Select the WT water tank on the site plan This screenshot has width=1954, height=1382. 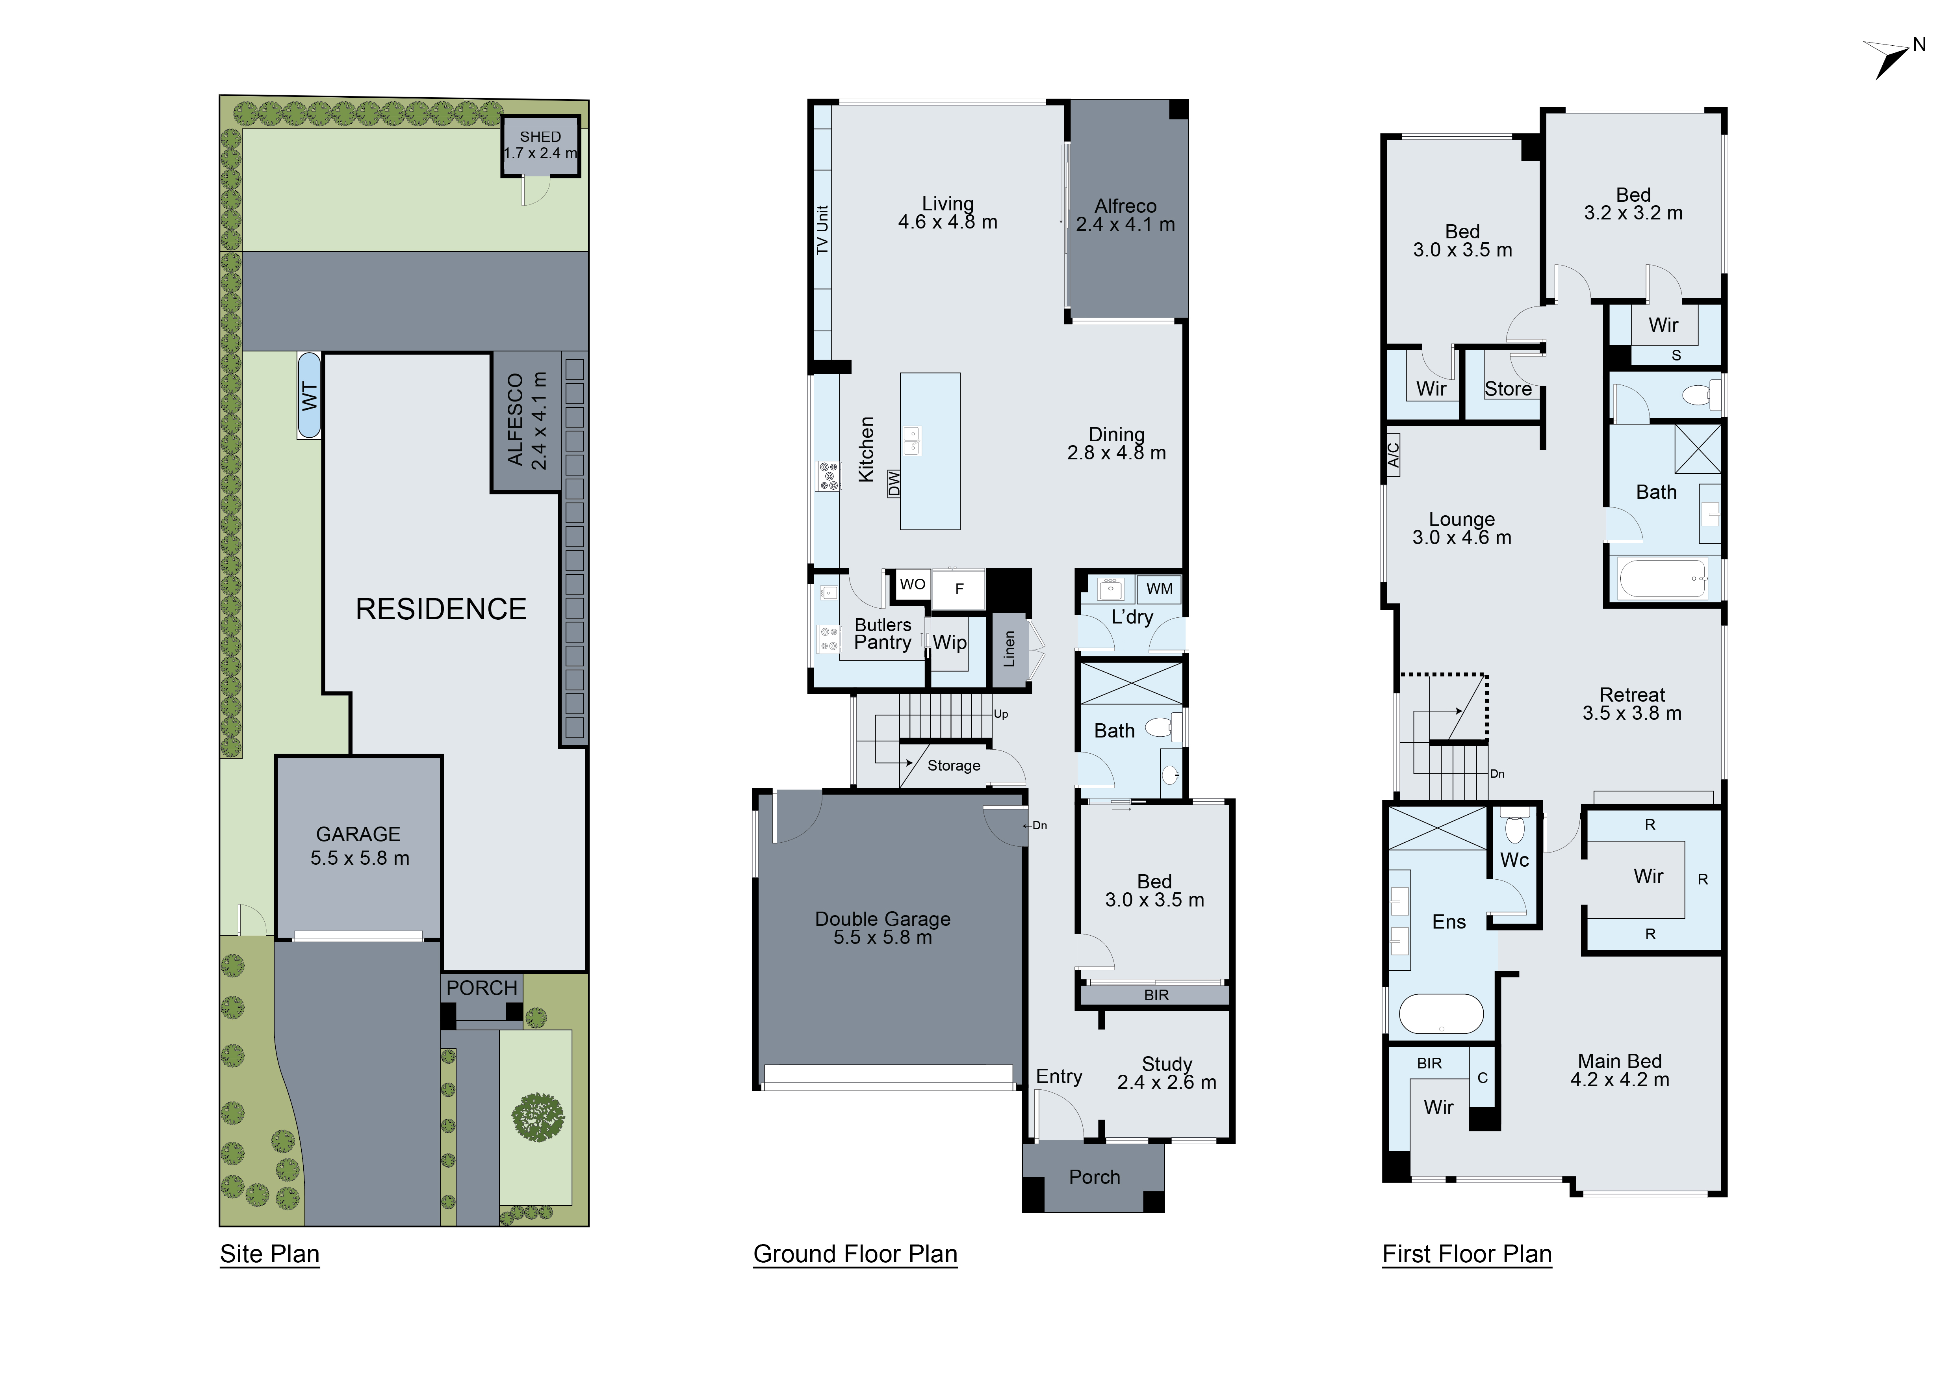click(x=309, y=396)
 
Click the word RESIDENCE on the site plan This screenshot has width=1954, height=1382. click(x=441, y=609)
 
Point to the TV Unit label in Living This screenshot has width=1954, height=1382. click(x=822, y=230)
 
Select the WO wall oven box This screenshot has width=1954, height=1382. click(x=912, y=585)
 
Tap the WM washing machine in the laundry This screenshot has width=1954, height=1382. click(x=1159, y=589)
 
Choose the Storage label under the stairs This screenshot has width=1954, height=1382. click(x=953, y=766)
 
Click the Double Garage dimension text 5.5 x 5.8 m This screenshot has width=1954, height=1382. click(x=883, y=938)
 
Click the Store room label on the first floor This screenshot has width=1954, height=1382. click(x=1508, y=389)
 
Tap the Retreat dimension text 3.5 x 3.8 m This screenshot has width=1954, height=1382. click(x=1631, y=714)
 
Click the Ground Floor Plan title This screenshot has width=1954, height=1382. click(x=855, y=1254)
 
